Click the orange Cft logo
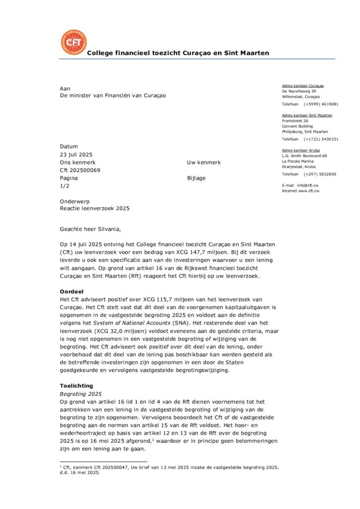73,43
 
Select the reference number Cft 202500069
80,170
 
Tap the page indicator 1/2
64,185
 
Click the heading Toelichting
76,385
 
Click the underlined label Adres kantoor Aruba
301,150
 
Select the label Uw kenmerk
204,163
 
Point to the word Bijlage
196,178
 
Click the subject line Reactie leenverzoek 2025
94,208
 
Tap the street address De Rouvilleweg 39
299,91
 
